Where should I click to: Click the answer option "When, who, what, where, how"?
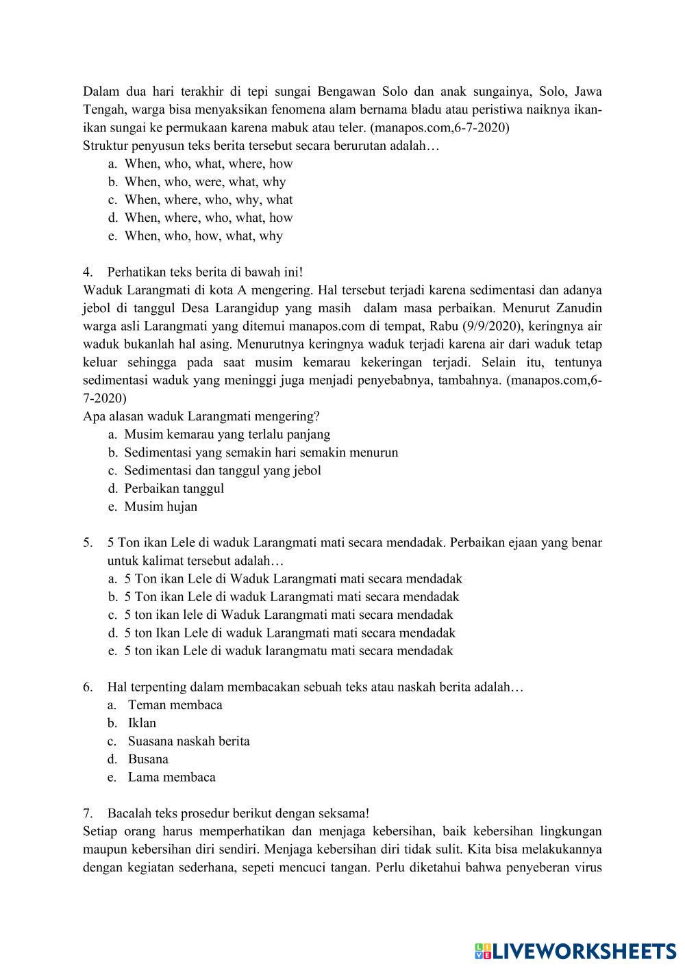click(208, 164)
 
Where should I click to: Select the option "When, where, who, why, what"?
click(208, 200)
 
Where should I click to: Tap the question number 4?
click(88, 272)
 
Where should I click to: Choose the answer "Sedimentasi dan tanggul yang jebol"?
click(222, 470)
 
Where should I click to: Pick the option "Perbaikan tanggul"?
click(174, 489)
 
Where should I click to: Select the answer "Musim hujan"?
click(160, 507)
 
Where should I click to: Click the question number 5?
click(88, 543)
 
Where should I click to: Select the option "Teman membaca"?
click(175, 705)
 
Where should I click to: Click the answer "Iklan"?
click(142, 723)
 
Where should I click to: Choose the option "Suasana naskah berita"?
click(188, 741)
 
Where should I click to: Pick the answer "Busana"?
click(148, 759)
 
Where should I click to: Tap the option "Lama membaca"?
click(171, 777)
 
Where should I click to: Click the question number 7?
click(88, 813)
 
